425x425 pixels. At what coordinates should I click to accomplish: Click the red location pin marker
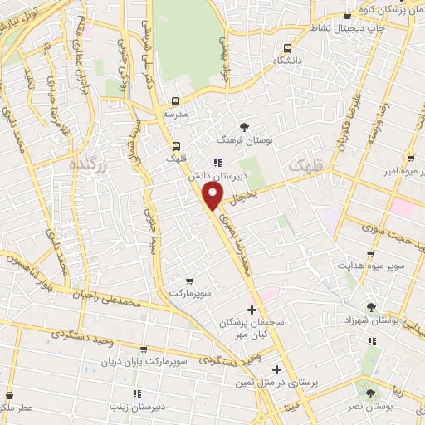click(213, 196)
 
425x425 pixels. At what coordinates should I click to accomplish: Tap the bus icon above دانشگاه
click(287, 48)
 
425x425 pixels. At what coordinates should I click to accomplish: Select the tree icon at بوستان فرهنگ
click(244, 126)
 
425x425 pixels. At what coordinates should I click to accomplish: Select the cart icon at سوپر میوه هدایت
click(370, 253)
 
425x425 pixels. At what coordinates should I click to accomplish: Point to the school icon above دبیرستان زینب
click(137, 393)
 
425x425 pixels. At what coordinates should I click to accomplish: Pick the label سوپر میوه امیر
click(403, 172)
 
